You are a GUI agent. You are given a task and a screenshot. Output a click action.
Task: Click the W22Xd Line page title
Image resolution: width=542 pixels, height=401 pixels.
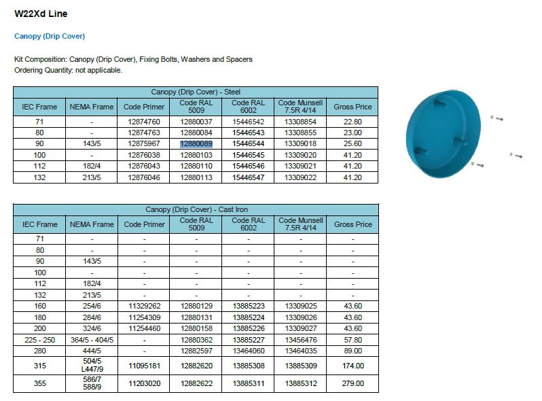tap(41, 14)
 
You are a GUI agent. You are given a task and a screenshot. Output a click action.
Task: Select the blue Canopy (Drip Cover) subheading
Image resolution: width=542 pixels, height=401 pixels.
tap(50, 36)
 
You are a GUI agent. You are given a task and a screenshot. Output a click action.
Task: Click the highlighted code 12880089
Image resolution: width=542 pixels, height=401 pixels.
tap(196, 144)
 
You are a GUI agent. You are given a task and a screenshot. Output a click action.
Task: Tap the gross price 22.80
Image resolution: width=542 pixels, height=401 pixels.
tap(353, 122)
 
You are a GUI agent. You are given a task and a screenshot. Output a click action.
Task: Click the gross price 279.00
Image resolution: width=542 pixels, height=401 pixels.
tap(353, 383)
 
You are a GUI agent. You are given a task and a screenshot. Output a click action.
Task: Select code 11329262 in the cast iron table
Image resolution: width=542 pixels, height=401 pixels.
tap(144, 307)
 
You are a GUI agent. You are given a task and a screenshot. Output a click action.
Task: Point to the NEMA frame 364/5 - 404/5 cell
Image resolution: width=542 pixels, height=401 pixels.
tap(92, 340)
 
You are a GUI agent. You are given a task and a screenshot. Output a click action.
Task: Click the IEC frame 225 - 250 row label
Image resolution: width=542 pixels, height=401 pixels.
tap(40, 340)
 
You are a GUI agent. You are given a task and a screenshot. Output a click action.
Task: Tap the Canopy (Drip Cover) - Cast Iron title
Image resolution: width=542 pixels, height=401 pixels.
tap(196, 209)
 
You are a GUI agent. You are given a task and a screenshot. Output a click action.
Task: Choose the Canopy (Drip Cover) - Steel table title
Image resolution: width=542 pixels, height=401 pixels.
tap(196, 92)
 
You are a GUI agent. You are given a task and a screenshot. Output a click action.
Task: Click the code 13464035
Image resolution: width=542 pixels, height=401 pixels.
tap(300, 351)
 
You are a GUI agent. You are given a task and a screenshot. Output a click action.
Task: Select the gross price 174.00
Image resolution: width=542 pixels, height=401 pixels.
tap(353, 366)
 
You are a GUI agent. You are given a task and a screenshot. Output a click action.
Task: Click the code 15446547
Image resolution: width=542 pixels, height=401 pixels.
tap(248, 177)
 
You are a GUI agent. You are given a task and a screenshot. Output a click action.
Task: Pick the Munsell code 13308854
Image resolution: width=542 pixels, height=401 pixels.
tap(300, 122)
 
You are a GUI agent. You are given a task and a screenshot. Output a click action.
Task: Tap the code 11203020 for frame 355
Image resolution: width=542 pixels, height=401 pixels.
tap(144, 383)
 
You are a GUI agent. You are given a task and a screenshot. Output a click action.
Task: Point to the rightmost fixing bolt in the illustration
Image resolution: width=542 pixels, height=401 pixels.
tap(518, 156)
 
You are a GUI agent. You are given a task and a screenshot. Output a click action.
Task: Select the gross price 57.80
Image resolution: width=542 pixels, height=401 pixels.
tap(353, 340)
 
